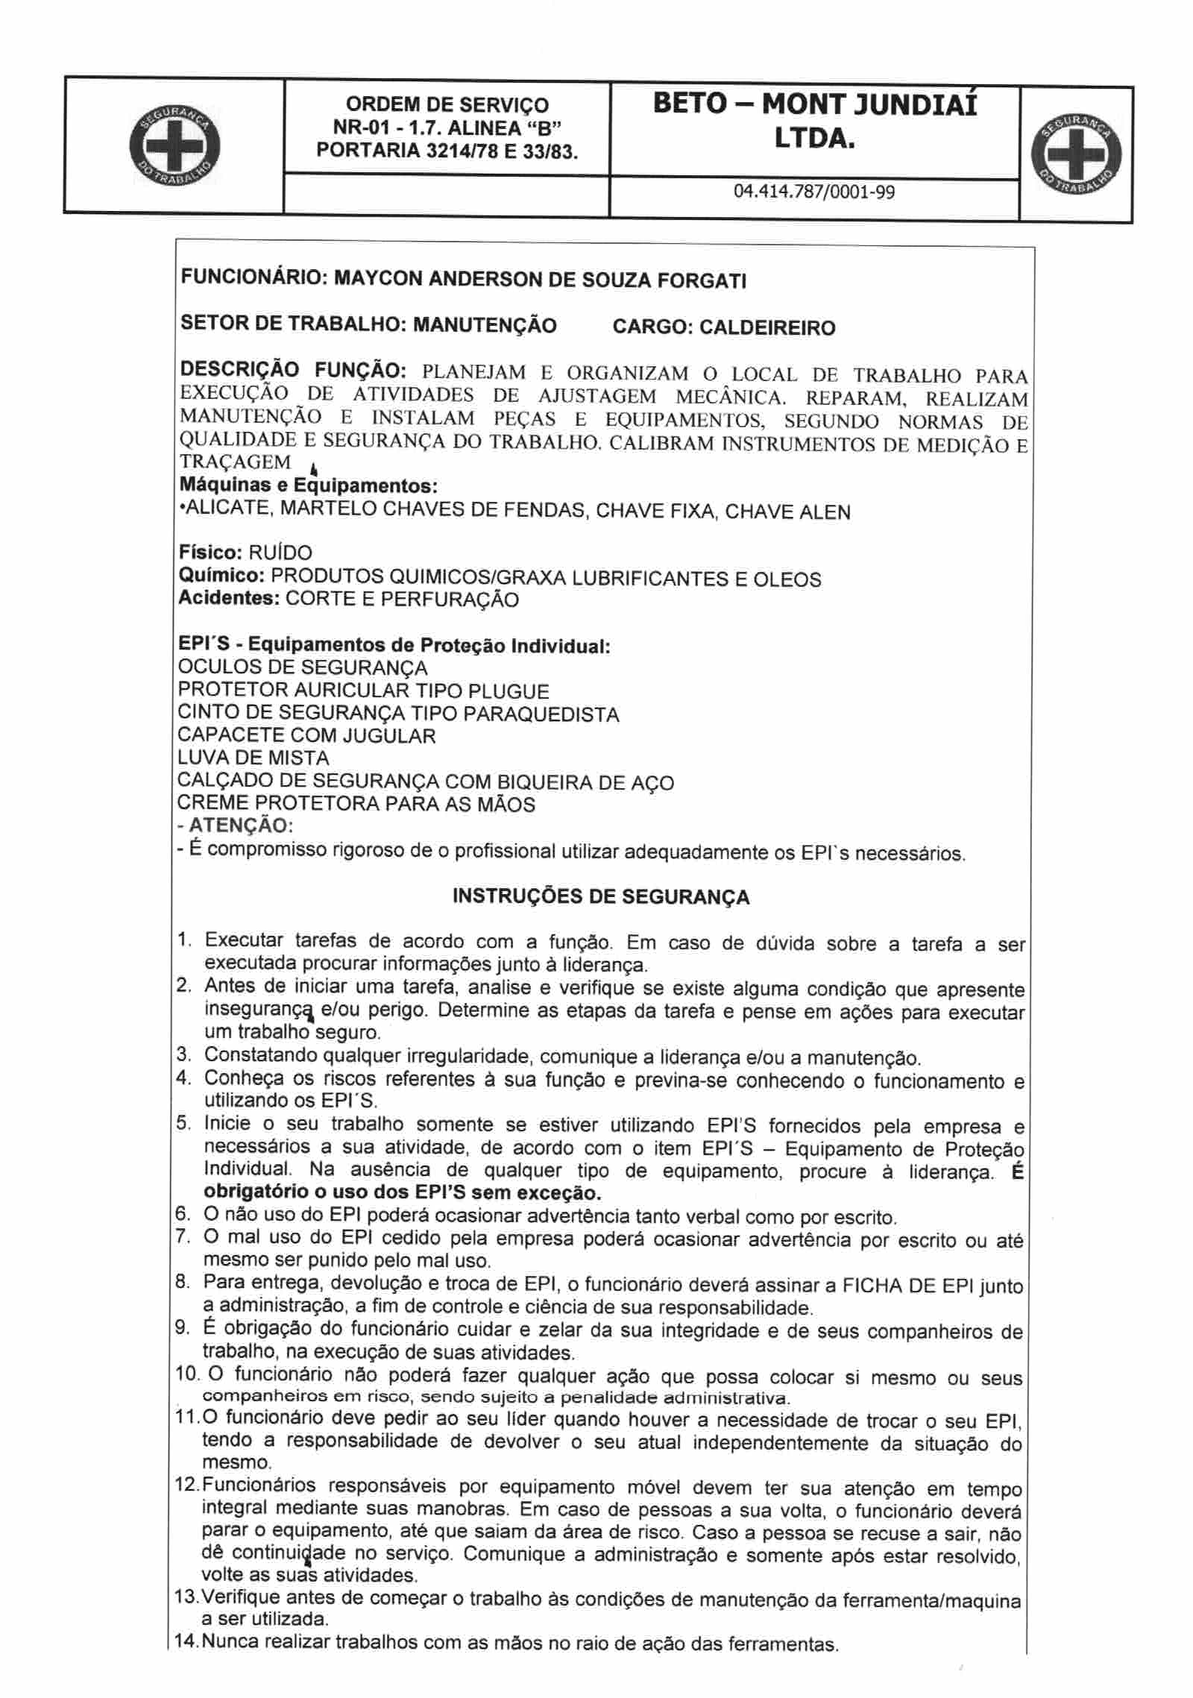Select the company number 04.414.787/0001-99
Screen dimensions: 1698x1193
point(814,192)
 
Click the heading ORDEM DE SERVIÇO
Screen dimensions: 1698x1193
point(447,105)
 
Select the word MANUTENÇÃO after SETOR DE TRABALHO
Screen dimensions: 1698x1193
point(485,325)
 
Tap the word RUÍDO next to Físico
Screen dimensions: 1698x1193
point(280,553)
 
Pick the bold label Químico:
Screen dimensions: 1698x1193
point(222,576)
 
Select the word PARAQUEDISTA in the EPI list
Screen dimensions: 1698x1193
point(541,714)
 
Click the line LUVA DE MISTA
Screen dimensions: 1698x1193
point(254,758)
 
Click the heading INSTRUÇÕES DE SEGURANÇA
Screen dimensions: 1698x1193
point(601,896)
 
